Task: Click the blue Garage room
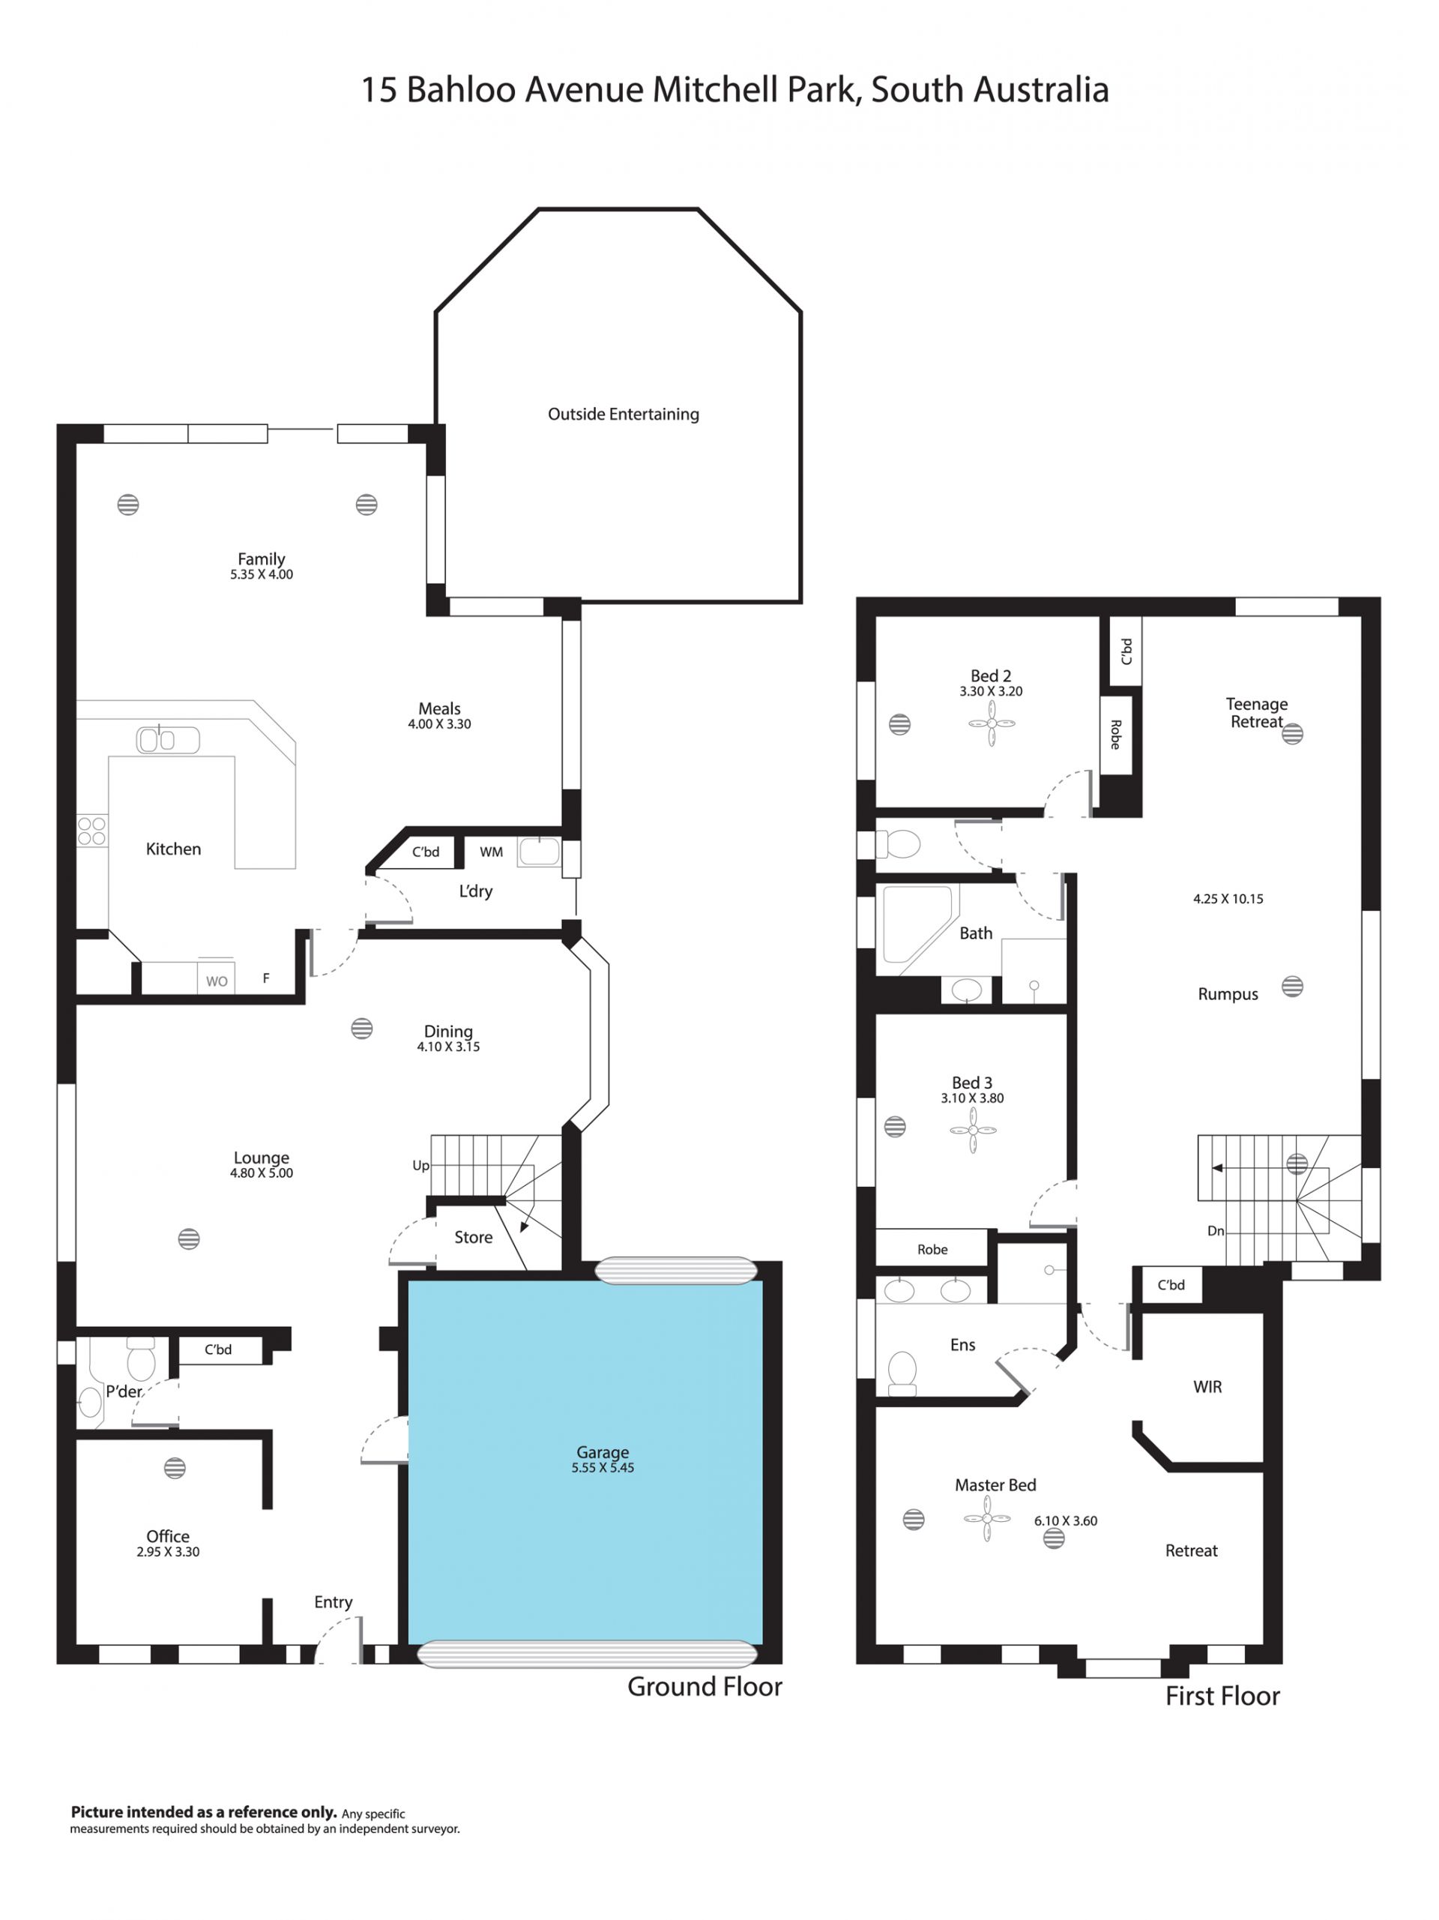[x=585, y=1462]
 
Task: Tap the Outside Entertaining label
[x=623, y=414]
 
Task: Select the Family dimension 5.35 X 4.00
[x=262, y=574]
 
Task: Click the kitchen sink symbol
[x=167, y=739]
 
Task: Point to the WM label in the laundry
[x=491, y=852]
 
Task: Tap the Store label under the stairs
[x=473, y=1237]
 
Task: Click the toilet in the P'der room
[x=141, y=1359]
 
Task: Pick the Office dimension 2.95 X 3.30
[x=167, y=1552]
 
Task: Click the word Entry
[x=334, y=1602]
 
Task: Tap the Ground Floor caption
[x=705, y=1687]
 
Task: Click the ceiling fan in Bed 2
[x=991, y=723]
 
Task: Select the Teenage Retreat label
[x=1257, y=713]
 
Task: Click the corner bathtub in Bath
[x=917, y=924]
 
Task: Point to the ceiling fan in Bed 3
[x=973, y=1130]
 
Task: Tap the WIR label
[x=1207, y=1387]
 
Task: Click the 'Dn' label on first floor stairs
[x=1216, y=1231]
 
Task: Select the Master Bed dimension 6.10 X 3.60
[x=1066, y=1520]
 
